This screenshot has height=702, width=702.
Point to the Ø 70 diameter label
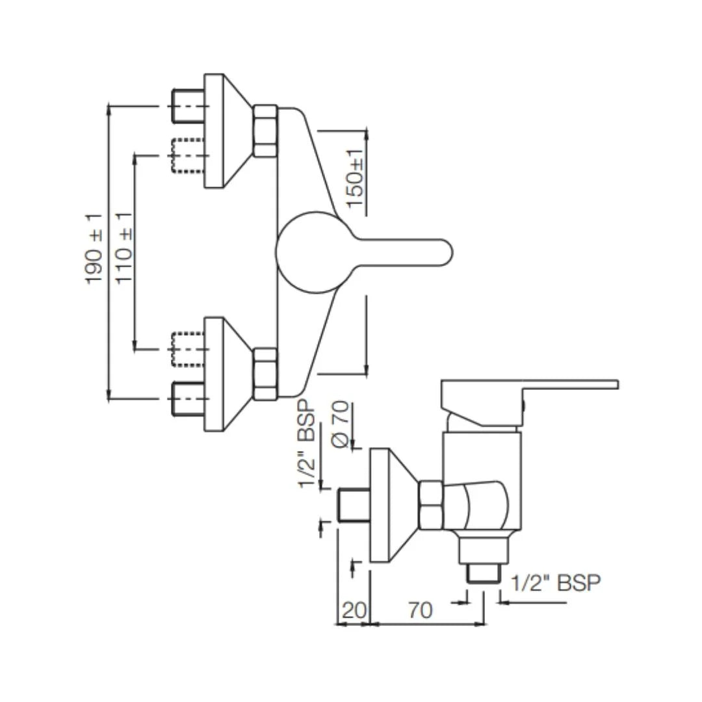342,424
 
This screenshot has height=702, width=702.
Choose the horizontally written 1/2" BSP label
556,583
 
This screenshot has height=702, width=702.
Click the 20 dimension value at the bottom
354,610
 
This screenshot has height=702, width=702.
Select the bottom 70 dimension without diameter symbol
420,610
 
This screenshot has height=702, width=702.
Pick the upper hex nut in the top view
265,131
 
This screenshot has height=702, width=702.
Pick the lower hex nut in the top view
265,374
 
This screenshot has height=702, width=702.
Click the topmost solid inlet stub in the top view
187,105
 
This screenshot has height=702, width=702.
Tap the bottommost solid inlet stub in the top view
187,398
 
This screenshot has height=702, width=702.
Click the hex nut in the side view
430,505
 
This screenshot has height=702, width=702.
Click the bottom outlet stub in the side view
484,574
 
